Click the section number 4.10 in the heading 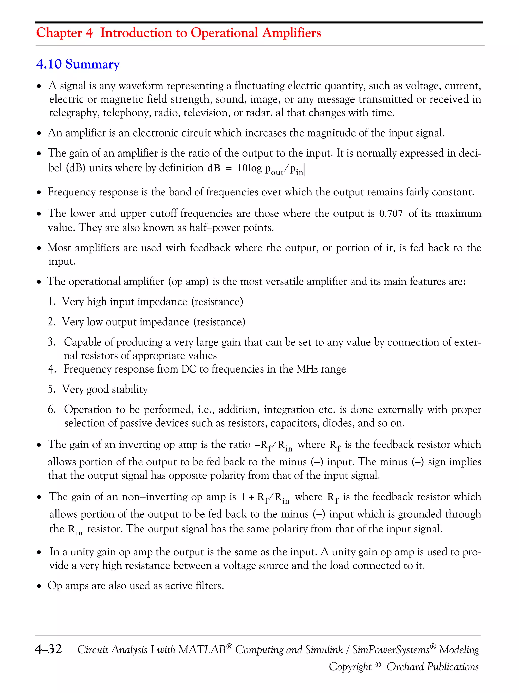pyautogui.click(x=49, y=64)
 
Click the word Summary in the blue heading pyautogui.click(x=92, y=64)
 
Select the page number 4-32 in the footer pyautogui.click(x=48, y=649)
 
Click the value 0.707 pyautogui.click(x=391, y=214)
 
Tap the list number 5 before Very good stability pyautogui.click(x=51, y=390)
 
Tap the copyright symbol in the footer pyautogui.click(x=378, y=664)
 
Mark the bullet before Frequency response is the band pyautogui.click(x=39, y=192)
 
